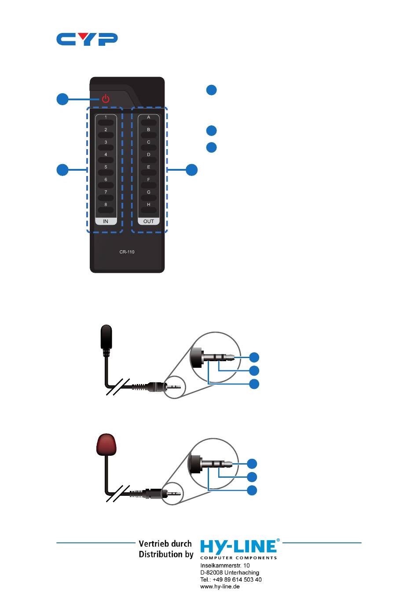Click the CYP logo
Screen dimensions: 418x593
coord(87,39)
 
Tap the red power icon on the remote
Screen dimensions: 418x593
coord(106,99)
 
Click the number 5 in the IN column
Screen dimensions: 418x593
coord(106,167)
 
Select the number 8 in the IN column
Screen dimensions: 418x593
coord(106,205)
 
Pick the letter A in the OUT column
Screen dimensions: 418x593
coord(149,117)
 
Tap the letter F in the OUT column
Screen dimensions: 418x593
coord(149,179)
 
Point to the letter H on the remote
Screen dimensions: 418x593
coord(149,205)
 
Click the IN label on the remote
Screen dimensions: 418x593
coord(106,221)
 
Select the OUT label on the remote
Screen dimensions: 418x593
coord(149,221)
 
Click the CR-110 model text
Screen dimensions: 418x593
coord(127,252)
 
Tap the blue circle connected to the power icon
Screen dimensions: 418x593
coord(62,99)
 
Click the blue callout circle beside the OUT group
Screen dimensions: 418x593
coord(191,170)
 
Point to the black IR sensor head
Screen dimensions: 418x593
coord(106,337)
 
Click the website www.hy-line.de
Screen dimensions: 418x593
coord(220,586)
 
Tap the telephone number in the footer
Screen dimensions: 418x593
coord(231,579)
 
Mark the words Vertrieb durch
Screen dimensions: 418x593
coord(165,544)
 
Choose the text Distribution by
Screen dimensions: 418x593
coord(166,554)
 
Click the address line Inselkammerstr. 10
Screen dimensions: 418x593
coord(225,565)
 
